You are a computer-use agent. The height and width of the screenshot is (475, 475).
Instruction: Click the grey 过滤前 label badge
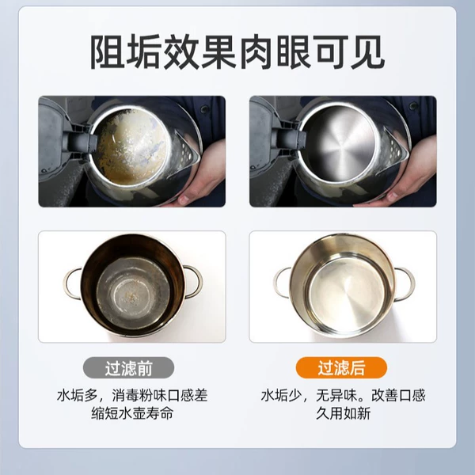(x=128, y=368)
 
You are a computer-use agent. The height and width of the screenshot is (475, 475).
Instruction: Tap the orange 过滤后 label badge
(x=341, y=368)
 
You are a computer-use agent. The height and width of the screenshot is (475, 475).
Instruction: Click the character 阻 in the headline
(x=108, y=52)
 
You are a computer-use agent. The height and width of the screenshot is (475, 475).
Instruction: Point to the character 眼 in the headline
(x=294, y=52)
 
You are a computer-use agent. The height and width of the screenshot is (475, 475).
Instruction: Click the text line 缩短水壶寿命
(x=132, y=413)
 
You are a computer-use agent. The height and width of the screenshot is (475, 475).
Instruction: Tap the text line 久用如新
(x=344, y=413)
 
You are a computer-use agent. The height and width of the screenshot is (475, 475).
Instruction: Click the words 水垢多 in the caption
(x=78, y=395)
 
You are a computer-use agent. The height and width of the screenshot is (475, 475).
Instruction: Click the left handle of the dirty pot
(x=72, y=283)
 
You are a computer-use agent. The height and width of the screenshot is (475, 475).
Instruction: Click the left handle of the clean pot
(x=283, y=283)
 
